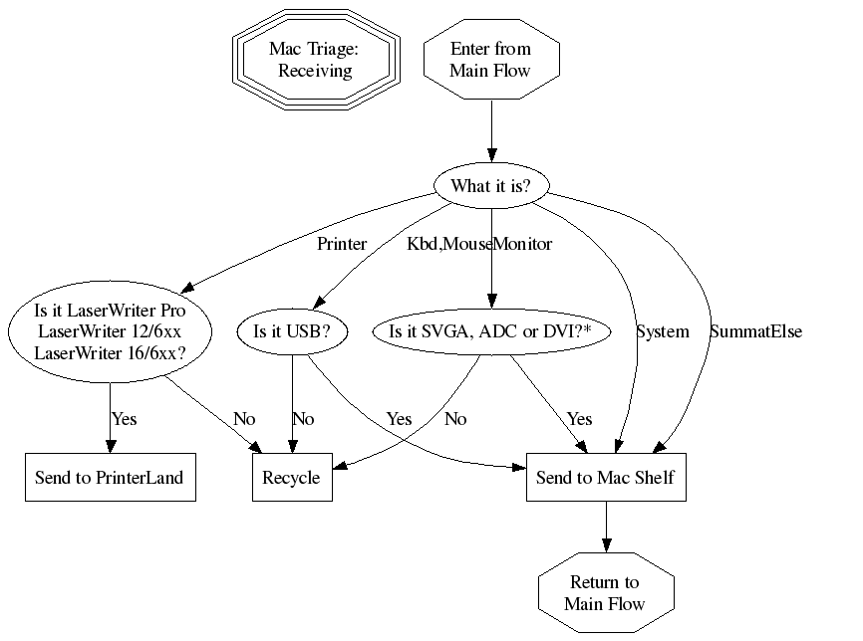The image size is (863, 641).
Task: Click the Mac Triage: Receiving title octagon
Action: coord(316,60)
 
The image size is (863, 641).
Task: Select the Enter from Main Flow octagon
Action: coord(490,60)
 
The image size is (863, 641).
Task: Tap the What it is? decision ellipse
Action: coord(490,186)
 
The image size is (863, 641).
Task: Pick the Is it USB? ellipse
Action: coord(292,331)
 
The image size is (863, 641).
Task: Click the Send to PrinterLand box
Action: coord(109,478)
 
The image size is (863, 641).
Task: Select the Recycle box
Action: coord(291,478)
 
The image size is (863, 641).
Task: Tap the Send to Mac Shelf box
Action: coord(605,478)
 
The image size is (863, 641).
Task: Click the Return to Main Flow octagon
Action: coord(605,593)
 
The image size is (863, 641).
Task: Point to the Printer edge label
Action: coord(342,243)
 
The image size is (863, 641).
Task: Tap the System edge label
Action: coord(663,331)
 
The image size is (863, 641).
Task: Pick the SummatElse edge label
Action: coord(755,331)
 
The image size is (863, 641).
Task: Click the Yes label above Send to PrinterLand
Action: coord(125,419)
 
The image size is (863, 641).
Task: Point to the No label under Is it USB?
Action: coord(303,419)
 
